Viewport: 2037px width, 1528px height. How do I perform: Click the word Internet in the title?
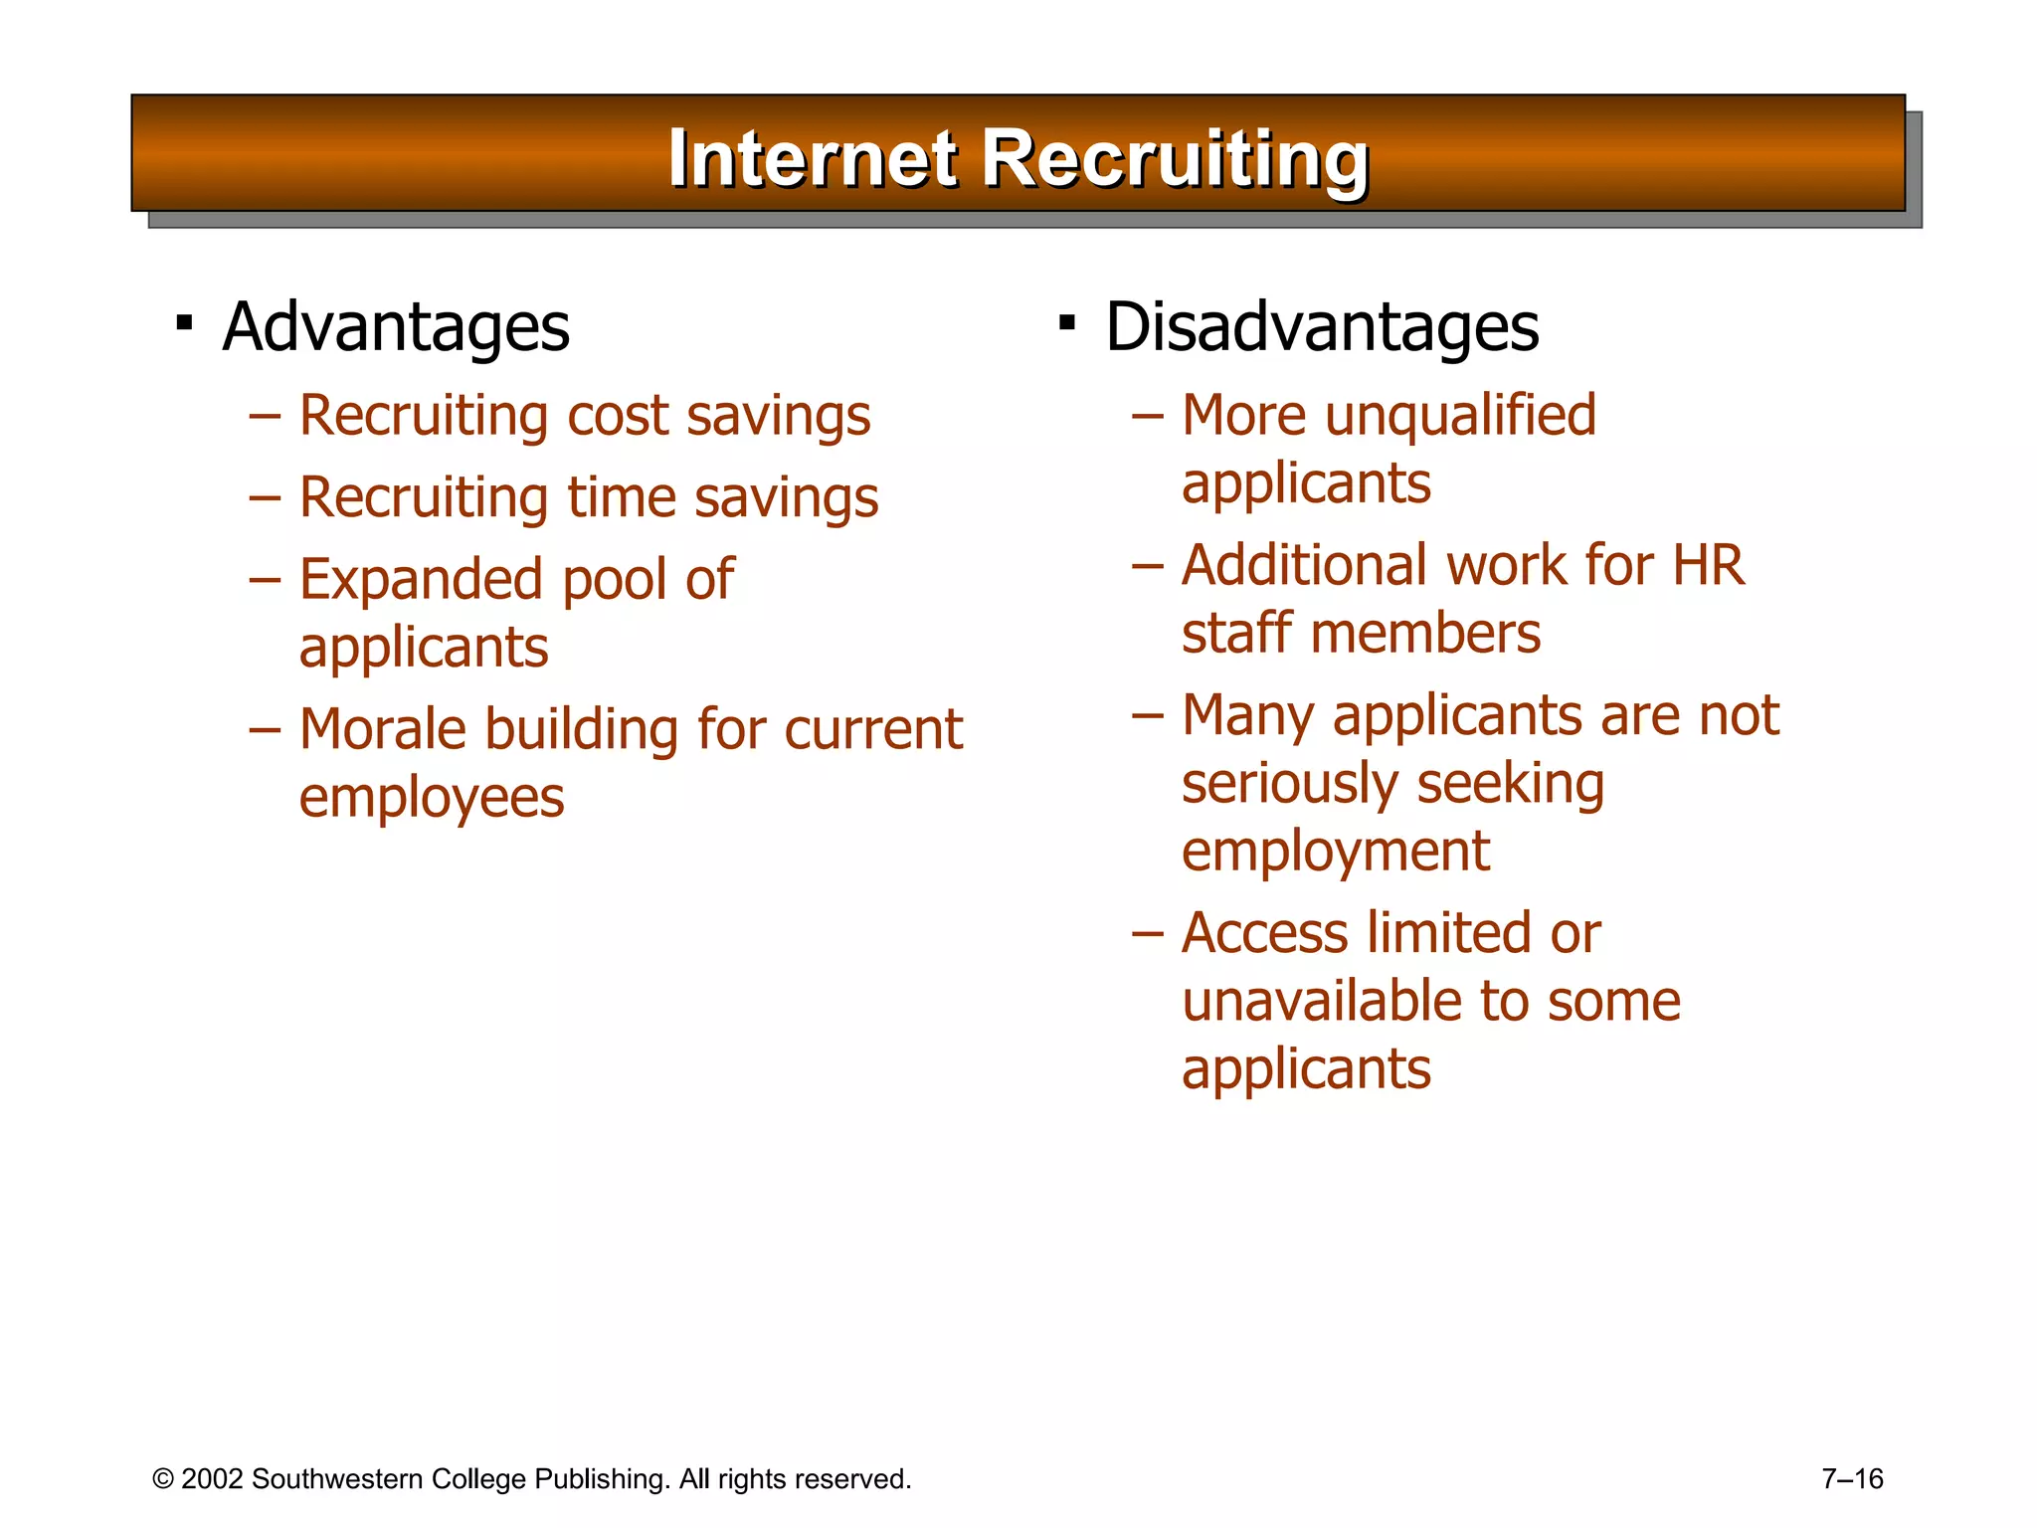click(813, 158)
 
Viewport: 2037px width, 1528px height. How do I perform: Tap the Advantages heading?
click(396, 327)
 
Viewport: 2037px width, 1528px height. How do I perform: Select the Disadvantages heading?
click(1322, 327)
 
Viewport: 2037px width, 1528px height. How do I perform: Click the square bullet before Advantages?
click(184, 322)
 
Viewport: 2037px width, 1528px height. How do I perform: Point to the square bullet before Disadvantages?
click(1067, 322)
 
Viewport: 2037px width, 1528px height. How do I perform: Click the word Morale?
click(383, 729)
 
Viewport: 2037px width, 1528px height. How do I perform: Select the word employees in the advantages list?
click(432, 799)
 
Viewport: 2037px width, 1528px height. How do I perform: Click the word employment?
click(1336, 853)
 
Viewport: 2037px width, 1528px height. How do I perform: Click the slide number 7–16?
click(1852, 1479)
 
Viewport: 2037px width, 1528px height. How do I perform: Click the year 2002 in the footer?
click(212, 1479)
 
